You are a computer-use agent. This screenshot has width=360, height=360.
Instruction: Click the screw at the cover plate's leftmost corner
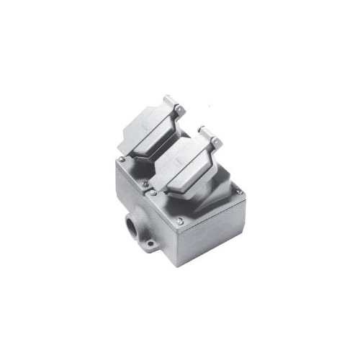click(x=122, y=160)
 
